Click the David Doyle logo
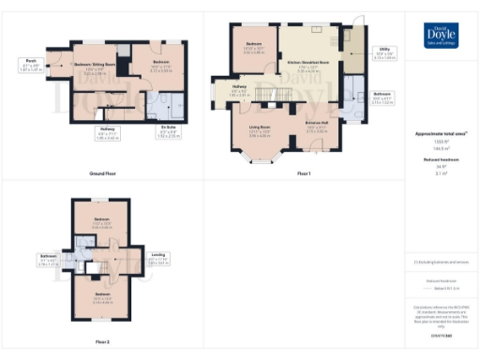tap(441, 35)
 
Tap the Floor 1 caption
tap(304, 173)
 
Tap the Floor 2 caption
tap(102, 342)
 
